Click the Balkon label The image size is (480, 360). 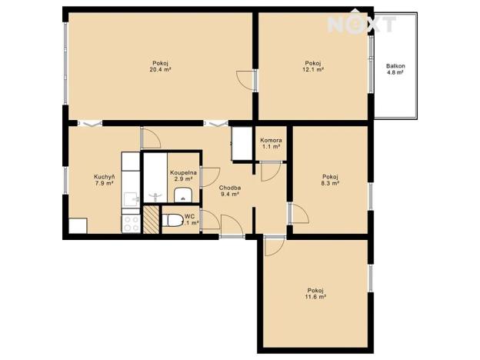[395, 66]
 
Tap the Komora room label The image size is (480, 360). [271, 141]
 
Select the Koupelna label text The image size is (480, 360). [183, 173]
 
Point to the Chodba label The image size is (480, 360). [230, 188]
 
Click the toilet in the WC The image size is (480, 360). [173, 221]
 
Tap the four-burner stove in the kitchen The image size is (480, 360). [130, 223]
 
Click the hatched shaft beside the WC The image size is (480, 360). [150, 220]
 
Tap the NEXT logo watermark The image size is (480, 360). [362, 24]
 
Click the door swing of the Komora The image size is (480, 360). [269, 172]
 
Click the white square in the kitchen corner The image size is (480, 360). [77, 227]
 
